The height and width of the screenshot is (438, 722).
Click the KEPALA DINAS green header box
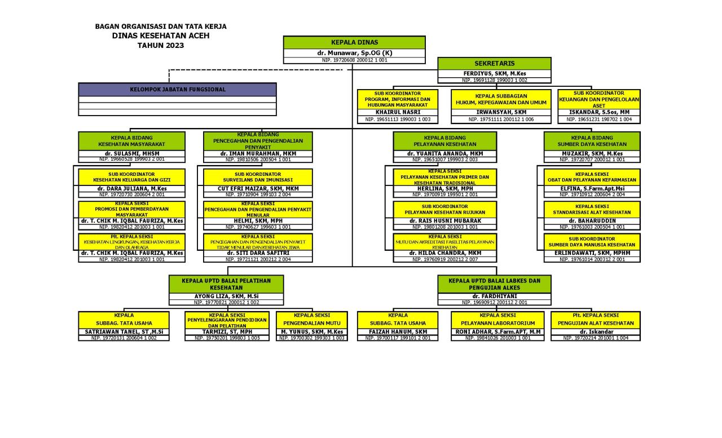354,42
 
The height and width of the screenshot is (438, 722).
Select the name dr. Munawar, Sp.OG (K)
354,53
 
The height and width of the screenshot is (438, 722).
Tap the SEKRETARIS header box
494,64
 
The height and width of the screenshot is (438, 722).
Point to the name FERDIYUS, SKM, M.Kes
494,74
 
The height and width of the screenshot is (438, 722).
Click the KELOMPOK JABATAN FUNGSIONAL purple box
177,89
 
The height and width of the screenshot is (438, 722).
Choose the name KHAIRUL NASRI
398,112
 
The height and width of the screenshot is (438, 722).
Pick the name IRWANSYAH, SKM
501,112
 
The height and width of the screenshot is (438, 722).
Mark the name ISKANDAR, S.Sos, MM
598,112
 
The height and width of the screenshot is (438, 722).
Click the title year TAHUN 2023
161,46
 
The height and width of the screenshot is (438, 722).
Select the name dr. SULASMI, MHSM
131,153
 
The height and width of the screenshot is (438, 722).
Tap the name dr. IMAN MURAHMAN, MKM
258,153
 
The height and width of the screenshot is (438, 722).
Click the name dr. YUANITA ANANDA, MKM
445,153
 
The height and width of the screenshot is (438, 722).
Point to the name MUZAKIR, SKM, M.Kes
592,153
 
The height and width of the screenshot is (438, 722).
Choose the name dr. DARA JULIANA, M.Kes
131,188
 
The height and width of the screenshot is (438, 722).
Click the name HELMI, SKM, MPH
258,220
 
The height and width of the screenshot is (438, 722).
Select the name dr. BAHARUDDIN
592,220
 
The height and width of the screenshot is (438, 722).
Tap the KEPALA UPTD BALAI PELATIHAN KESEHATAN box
226,284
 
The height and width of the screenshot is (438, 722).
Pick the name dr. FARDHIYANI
494,296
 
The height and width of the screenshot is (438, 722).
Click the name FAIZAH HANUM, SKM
398,331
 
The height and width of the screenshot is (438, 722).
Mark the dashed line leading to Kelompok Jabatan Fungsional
254,70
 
